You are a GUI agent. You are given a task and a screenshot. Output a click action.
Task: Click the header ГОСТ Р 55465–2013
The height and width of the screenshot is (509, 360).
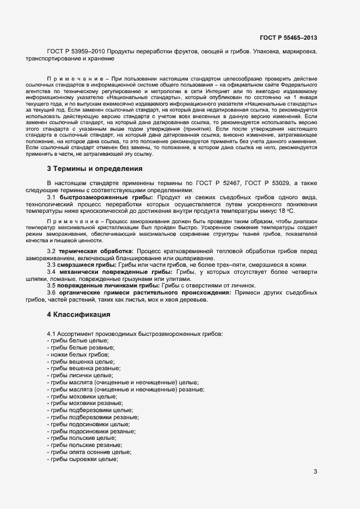(x=289, y=38)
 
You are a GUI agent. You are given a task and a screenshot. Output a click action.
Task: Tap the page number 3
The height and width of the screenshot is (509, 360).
(x=315, y=471)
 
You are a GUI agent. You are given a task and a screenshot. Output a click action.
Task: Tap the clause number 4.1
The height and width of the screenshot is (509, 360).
(x=52, y=333)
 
